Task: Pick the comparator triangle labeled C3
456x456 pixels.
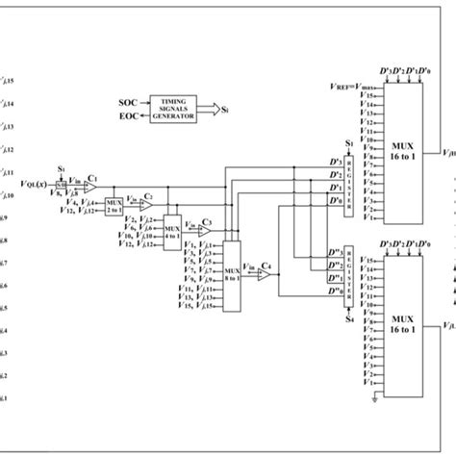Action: tap(203, 230)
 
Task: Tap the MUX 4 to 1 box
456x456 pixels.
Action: tap(172, 230)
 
